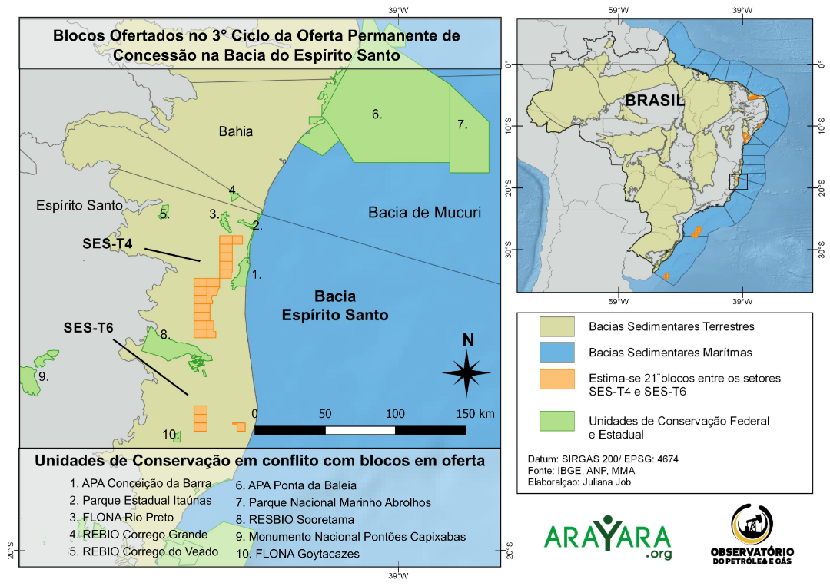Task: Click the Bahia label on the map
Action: coord(235,131)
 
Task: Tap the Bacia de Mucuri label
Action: coord(424,212)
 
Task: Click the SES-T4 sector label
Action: coord(108,243)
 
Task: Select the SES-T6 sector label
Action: coord(88,328)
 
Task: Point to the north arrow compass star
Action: coord(466,372)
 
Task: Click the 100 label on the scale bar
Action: coord(395,414)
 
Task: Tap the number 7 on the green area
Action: coord(463,124)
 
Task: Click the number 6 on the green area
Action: coord(377,114)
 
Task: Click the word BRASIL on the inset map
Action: coord(654,100)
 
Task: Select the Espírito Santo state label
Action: coord(80,206)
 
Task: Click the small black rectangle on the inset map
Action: coord(738,181)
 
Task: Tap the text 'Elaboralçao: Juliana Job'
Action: coord(585,484)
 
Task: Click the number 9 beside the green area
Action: coord(44,377)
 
